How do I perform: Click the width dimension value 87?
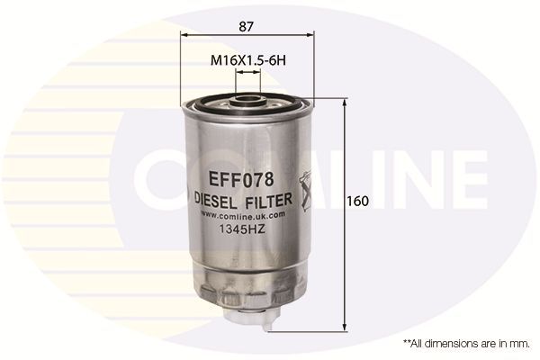tap(245, 27)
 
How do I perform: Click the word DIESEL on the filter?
tap(216, 199)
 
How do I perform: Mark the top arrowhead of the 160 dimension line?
tap(346, 101)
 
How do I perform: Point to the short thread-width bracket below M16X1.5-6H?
tap(247, 75)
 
